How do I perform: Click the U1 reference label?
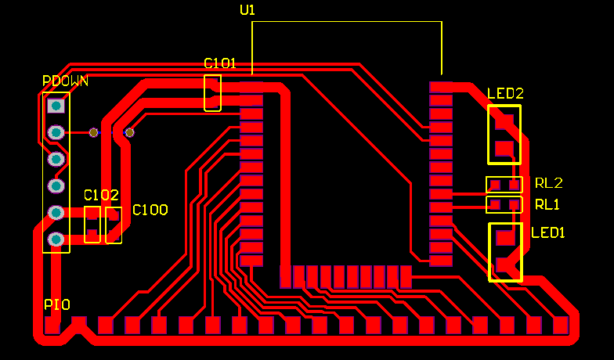click(x=247, y=10)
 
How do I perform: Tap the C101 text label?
click(x=219, y=63)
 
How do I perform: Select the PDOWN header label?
click(x=65, y=81)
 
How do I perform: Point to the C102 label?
click(x=101, y=195)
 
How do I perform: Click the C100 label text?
click(x=150, y=210)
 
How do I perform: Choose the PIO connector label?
click(x=56, y=304)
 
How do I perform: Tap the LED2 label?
click(x=505, y=93)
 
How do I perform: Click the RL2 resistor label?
click(x=548, y=183)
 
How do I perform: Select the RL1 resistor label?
click(x=548, y=204)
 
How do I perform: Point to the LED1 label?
click(x=547, y=232)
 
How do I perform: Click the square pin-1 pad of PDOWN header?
click(x=56, y=105)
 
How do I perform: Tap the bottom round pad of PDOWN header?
click(x=56, y=239)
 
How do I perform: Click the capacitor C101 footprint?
click(x=212, y=92)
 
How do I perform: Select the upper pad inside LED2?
click(x=504, y=121)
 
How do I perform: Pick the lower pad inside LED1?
click(x=504, y=265)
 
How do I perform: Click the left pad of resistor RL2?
click(x=495, y=185)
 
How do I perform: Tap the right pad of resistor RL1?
click(x=514, y=205)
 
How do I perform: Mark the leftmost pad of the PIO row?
click(x=52, y=325)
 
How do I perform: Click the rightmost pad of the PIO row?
click(x=560, y=325)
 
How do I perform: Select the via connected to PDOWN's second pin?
click(x=94, y=132)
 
